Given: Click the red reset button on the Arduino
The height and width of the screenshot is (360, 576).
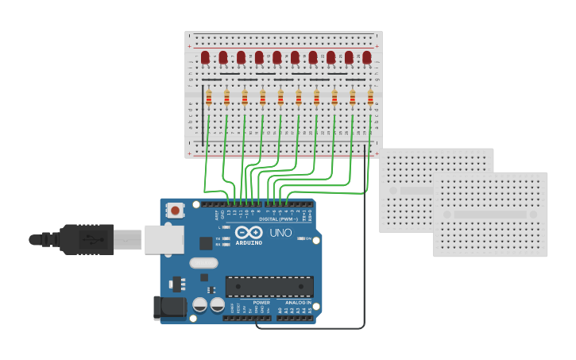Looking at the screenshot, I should [174, 211].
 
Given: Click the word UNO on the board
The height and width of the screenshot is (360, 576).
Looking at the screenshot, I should [280, 233].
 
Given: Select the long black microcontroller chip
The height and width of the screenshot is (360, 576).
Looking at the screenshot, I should [269, 287].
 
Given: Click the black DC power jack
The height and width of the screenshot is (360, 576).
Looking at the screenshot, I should [168, 308].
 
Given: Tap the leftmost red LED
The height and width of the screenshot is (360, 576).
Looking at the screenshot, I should [205, 57].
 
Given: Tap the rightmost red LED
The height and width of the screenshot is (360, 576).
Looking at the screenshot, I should [367, 57].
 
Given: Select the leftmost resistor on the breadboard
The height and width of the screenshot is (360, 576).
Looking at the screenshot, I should [209, 98].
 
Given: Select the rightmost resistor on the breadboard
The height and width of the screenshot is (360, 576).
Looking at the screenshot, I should [370, 98].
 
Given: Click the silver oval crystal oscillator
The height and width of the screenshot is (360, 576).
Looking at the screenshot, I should [203, 263].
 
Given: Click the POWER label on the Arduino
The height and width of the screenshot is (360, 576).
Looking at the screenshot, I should [261, 303].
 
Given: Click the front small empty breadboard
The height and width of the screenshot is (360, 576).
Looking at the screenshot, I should [489, 215].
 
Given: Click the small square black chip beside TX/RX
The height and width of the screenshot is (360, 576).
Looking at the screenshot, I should [206, 243].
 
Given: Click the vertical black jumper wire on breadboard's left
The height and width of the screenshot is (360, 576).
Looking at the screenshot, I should [203, 115].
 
